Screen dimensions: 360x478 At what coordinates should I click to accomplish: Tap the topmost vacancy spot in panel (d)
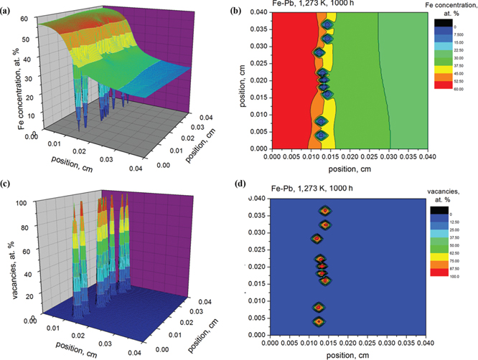click(x=325, y=212)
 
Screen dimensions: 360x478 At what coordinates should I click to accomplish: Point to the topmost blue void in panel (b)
click(x=327, y=25)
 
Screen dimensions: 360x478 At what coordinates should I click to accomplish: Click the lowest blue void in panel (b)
click(x=322, y=135)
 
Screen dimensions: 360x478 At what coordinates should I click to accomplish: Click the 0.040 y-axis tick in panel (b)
click(x=255, y=12)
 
